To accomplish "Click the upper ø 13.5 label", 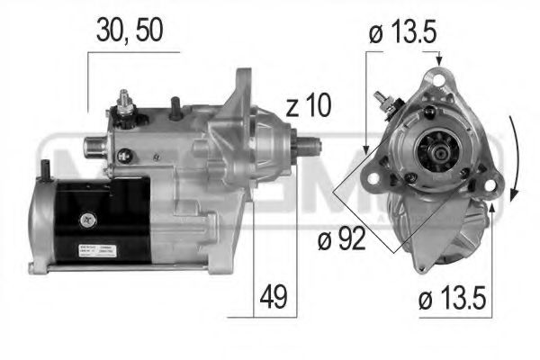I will [x=402, y=34].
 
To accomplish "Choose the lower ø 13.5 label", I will [x=451, y=297].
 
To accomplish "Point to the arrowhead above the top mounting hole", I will [x=439, y=59].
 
